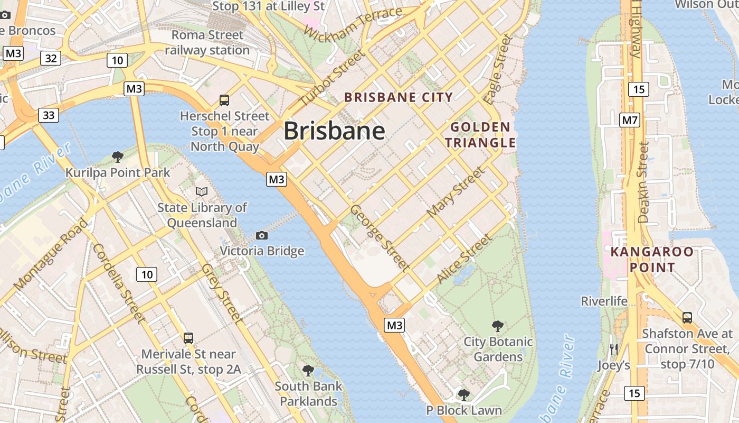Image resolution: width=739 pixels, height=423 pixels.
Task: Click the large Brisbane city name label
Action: tap(334, 131)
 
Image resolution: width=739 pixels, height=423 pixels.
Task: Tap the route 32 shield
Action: tap(51, 58)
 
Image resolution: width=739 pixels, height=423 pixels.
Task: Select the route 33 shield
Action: tap(49, 115)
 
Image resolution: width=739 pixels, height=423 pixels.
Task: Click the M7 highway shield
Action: tap(630, 120)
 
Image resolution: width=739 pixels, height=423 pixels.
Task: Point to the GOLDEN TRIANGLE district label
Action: tap(480, 135)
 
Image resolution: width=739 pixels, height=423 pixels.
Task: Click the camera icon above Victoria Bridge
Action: tap(262, 235)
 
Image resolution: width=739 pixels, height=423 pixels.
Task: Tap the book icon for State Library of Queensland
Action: tap(202, 191)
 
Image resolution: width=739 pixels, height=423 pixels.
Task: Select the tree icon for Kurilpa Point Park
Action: tap(118, 157)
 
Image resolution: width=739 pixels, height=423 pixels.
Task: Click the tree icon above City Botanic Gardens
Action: tap(497, 326)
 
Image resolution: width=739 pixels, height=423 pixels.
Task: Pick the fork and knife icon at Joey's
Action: tap(613, 350)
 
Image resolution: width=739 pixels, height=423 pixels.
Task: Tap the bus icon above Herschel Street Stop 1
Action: tap(224, 100)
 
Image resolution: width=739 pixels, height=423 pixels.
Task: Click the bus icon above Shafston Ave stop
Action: tap(687, 317)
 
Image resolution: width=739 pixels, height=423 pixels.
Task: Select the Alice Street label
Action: tap(465, 259)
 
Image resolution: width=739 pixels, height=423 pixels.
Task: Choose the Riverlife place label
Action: tap(604, 301)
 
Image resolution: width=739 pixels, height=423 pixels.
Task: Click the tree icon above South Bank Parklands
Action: tap(308, 370)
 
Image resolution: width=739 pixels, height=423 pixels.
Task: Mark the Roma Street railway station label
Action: tap(207, 43)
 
